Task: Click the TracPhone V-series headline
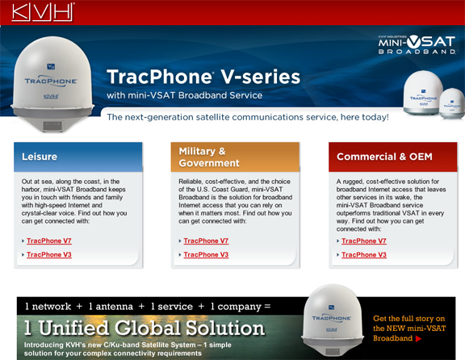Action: tap(203, 77)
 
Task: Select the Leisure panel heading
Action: tap(39, 157)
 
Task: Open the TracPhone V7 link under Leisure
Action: tap(49, 241)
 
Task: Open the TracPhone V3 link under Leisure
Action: tap(49, 255)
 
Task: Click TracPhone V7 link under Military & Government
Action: tap(206, 241)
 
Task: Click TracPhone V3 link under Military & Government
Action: tap(206, 255)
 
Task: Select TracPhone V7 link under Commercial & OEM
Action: tap(364, 241)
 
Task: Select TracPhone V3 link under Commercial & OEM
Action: tap(364, 255)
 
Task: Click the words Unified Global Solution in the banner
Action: tap(145, 329)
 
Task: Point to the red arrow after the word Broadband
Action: tap(417, 338)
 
